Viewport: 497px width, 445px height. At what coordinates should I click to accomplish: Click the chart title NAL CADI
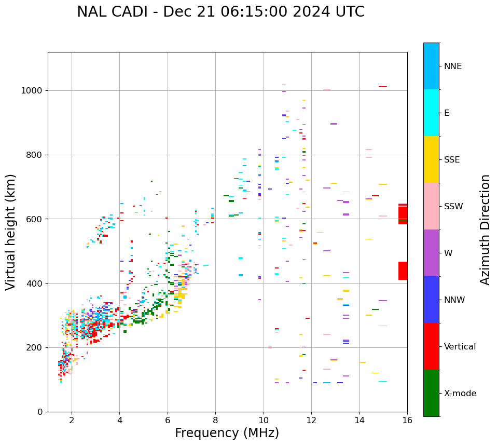[x=220, y=12]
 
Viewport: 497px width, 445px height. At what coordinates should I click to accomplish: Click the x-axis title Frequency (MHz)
[x=227, y=433]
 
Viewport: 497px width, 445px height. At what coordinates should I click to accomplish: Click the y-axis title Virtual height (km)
[x=11, y=232]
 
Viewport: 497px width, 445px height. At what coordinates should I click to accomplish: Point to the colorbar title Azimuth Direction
[x=485, y=230]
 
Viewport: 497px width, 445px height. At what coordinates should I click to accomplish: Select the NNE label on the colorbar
[x=452, y=66]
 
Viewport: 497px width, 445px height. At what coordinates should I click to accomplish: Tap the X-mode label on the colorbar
[x=460, y=394]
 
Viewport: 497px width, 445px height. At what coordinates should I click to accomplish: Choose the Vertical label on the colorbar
[x=460, y=347]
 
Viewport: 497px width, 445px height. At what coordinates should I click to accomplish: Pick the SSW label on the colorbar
[x=453, y=207]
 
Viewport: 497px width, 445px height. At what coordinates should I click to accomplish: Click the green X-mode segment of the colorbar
[x=431, y=393]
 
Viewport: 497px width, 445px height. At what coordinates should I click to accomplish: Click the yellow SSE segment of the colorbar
[x=431, y=159]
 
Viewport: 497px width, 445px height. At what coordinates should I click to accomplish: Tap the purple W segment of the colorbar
[x=431, y=253]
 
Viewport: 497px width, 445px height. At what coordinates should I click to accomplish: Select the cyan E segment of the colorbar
[x=431, y=113]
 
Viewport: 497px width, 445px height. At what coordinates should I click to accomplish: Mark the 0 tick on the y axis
[x=40, y=412]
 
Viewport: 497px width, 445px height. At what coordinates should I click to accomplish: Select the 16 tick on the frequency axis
[x=407, y=420]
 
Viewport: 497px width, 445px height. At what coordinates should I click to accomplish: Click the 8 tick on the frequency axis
[x=215, y=420]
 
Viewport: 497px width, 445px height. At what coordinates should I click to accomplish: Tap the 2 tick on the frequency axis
[x=72, y=420]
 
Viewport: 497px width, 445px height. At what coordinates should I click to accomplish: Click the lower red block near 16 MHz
[x=403, y=271]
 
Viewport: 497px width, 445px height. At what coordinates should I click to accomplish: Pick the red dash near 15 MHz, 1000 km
[x=383, y=87]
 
